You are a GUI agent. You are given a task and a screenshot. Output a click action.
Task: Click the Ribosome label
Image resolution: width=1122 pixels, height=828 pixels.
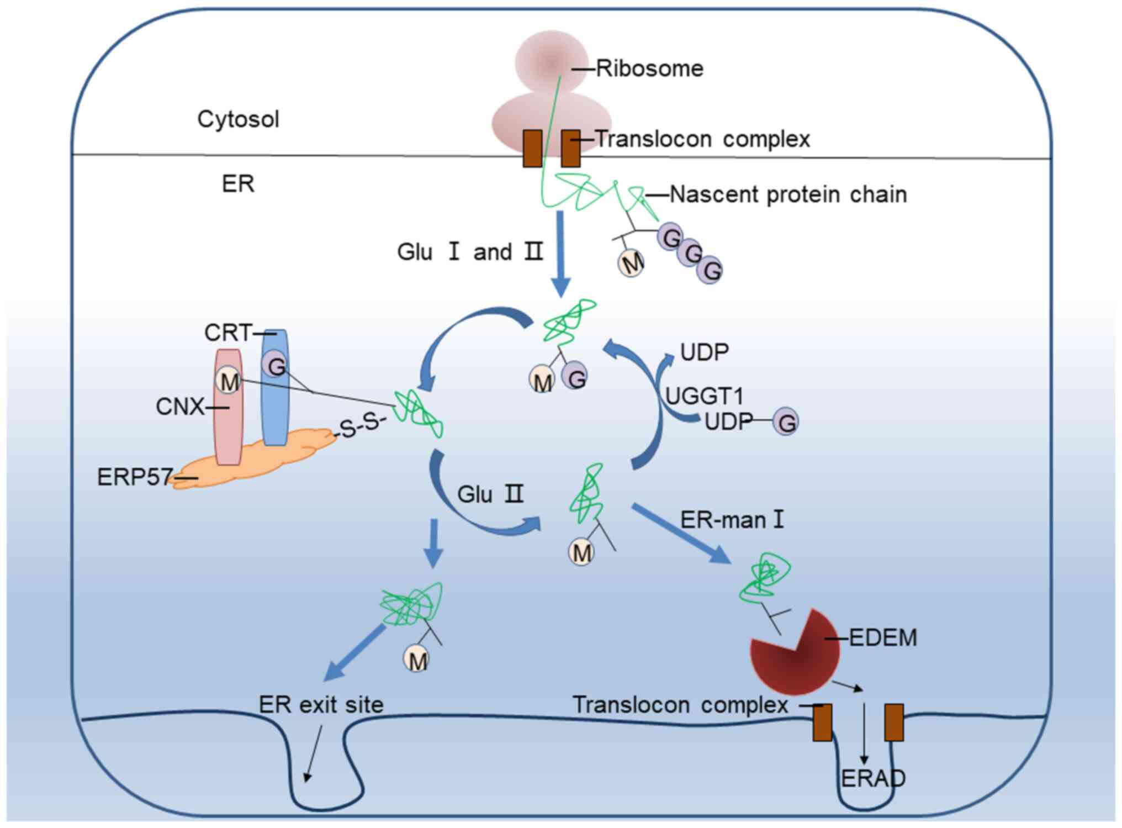649,69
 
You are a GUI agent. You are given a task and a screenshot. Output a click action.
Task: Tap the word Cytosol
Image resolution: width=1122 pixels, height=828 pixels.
238,119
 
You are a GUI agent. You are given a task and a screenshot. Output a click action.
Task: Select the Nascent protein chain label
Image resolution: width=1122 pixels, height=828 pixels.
788,194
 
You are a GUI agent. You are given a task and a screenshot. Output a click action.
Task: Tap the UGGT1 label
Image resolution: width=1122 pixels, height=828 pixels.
704,396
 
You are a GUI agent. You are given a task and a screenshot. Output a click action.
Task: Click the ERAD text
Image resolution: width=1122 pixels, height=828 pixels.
873,778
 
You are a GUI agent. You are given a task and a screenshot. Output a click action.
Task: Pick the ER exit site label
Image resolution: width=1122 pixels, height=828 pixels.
321,705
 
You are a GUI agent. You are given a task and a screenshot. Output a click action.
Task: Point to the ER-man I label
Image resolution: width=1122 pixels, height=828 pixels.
732,520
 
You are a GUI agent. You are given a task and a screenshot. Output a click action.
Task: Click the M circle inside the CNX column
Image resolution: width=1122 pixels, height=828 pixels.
228,381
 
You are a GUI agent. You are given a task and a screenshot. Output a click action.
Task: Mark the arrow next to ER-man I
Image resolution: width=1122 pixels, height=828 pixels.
682,534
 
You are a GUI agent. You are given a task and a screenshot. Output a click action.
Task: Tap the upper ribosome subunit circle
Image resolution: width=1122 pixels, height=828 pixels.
551,62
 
